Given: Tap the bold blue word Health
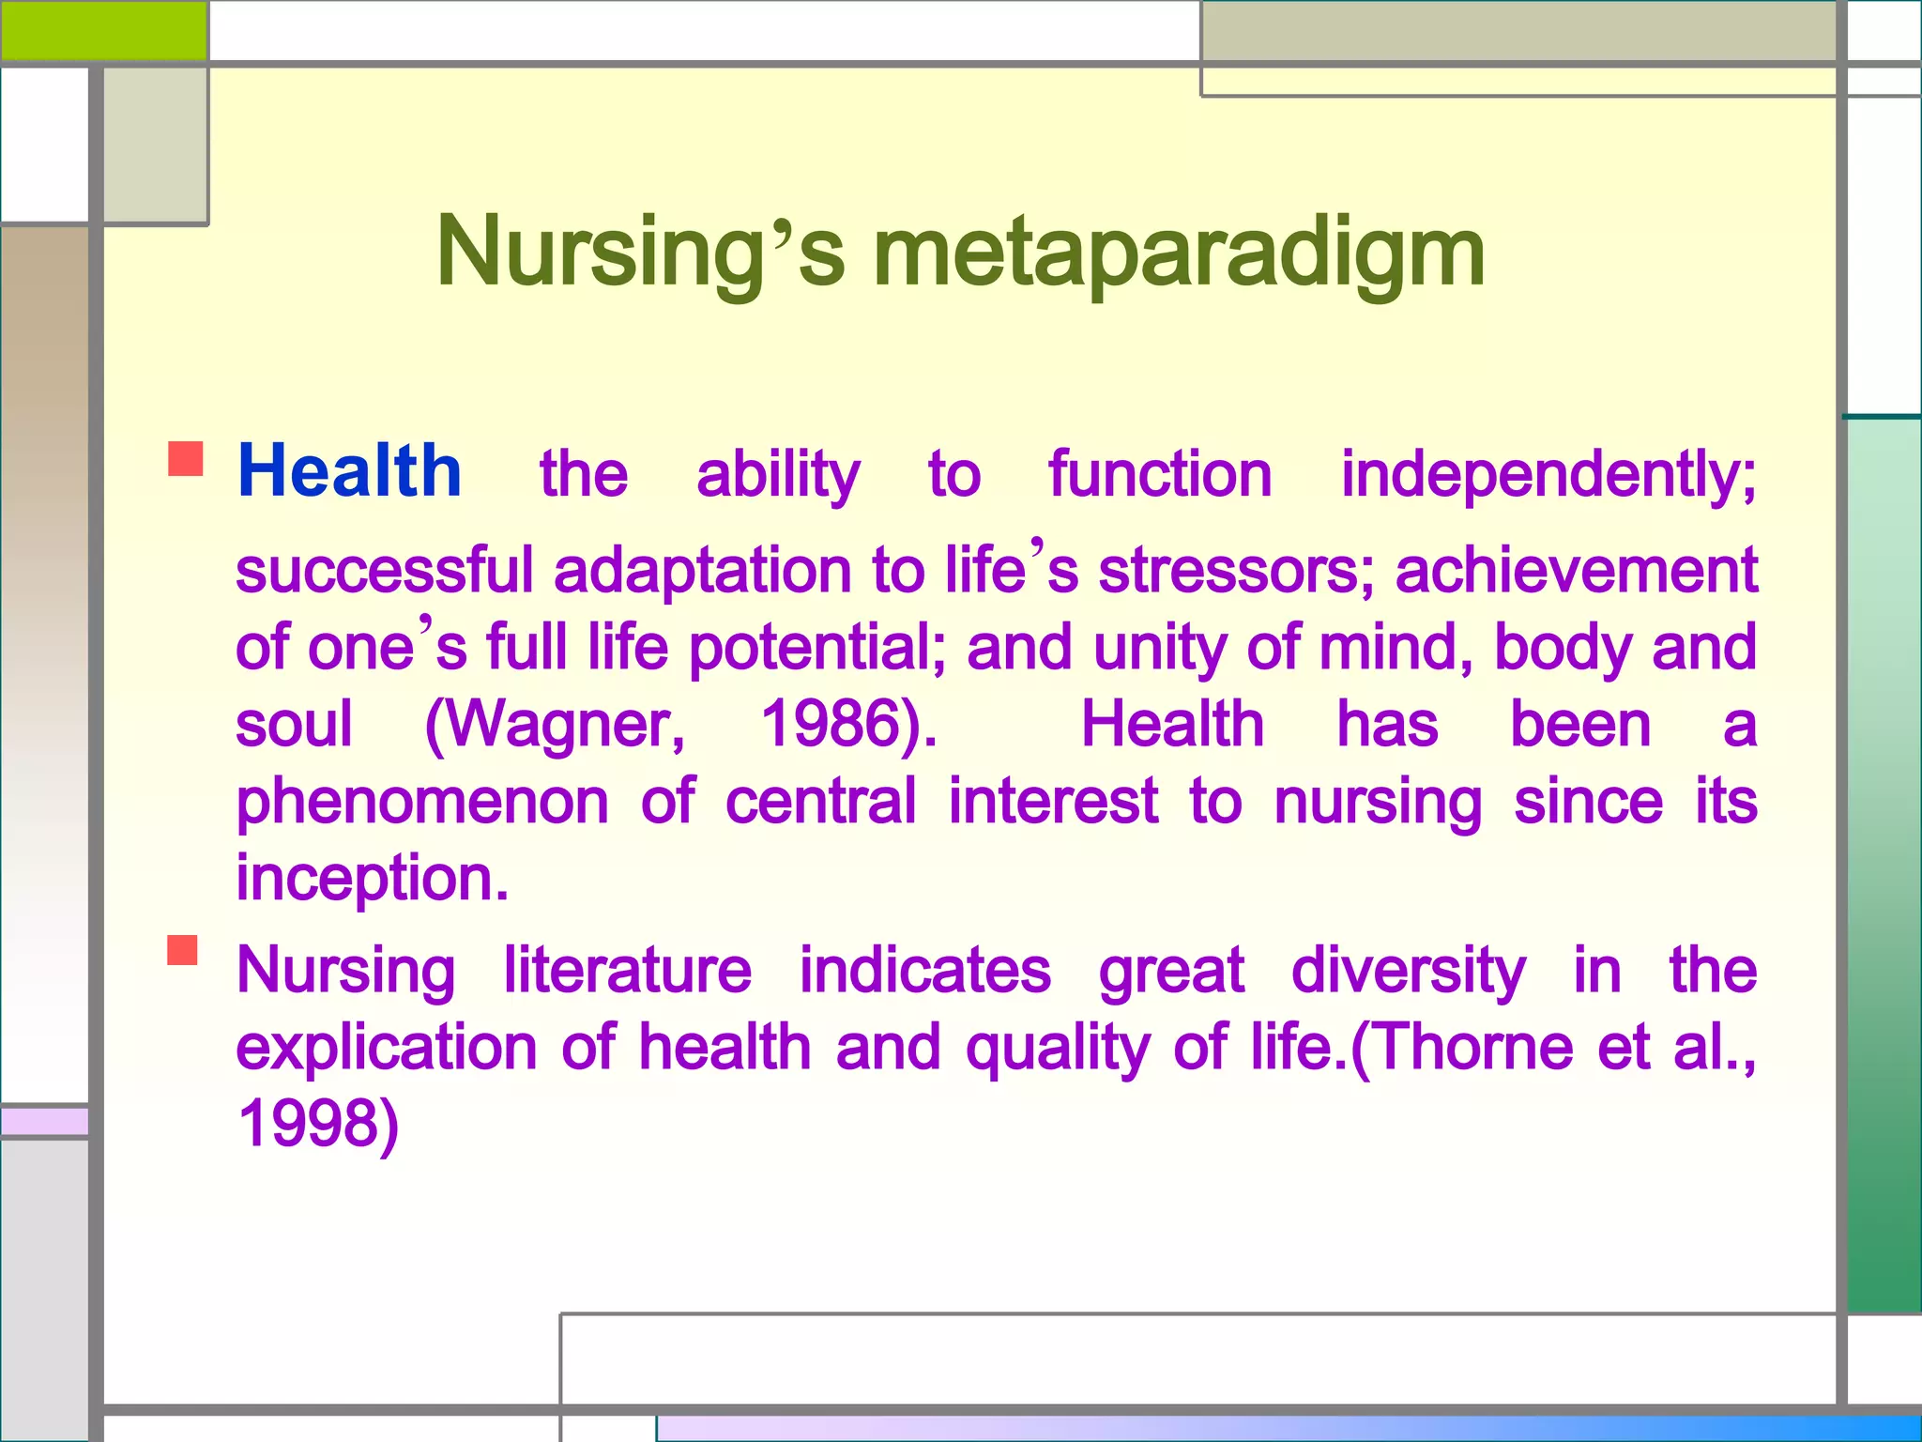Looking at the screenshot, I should click(349, 471).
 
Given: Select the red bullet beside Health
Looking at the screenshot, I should click(186, 459).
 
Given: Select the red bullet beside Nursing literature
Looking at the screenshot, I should click(183, 950).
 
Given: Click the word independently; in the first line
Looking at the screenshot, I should click(1548, 475).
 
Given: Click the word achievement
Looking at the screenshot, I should click(1576, 571).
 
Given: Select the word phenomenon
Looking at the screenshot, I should click(422, 804).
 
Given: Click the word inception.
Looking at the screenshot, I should click(372, 879).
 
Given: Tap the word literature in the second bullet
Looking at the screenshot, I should click(627, 971).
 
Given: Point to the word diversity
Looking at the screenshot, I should click(1408, 971).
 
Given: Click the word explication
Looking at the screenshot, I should click(386, 1048).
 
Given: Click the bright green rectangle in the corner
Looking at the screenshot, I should click(103, 30).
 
